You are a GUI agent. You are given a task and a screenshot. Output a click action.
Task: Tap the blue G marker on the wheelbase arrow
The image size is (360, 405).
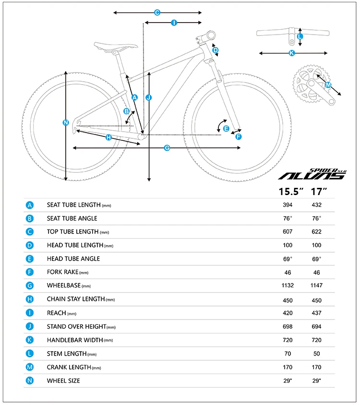pyautogui.click(x=167, y=148)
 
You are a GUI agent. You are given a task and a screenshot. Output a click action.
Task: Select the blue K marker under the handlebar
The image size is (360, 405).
pyautogui.click(x=291, y=53)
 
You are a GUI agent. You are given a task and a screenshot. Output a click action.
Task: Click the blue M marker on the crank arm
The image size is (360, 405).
pyautogui.click(x=328, y=86)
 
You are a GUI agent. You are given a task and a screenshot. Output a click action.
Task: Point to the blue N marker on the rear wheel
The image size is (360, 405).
pyautogui.click(x=66, y=123)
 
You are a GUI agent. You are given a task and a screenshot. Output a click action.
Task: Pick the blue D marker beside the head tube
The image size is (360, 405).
pyautogui.click(x=216, y=50)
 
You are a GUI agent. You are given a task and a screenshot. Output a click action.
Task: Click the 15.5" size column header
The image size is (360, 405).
pyautogui.click(x=292, y=191)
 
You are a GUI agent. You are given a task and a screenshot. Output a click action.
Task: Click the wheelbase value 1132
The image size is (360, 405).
pyautogui.click(x=288, y=285)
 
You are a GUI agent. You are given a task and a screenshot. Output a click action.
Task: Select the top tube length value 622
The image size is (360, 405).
pyautogui.click(x=316, y=232)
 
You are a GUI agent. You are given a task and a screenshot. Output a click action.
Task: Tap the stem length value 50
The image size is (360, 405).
pyautogui.click(x=316, y=354)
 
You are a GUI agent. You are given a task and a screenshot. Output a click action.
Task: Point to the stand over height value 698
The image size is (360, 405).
pyautogui.click(x=288, y=327)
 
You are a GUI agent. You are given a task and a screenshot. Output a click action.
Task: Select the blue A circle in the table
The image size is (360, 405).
pyautogui.click(x=30, y=205)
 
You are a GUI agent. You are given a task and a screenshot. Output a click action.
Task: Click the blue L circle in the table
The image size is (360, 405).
pyautogui.click(x=30, y=354)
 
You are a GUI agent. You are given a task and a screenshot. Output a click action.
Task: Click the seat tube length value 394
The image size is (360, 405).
pyautogui.click(x=288, y=205)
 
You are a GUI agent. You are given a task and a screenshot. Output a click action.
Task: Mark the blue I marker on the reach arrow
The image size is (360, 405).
pyautogui.click(x=174, y=23)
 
